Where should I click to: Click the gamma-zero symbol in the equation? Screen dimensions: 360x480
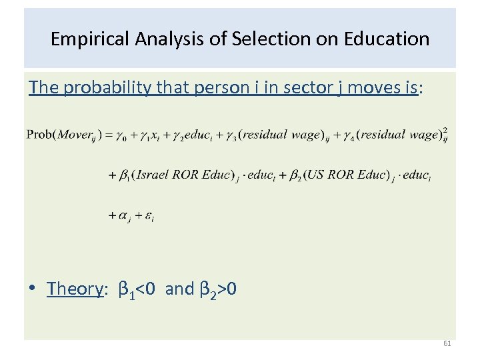pyautogui.click(x=120, y=135)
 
